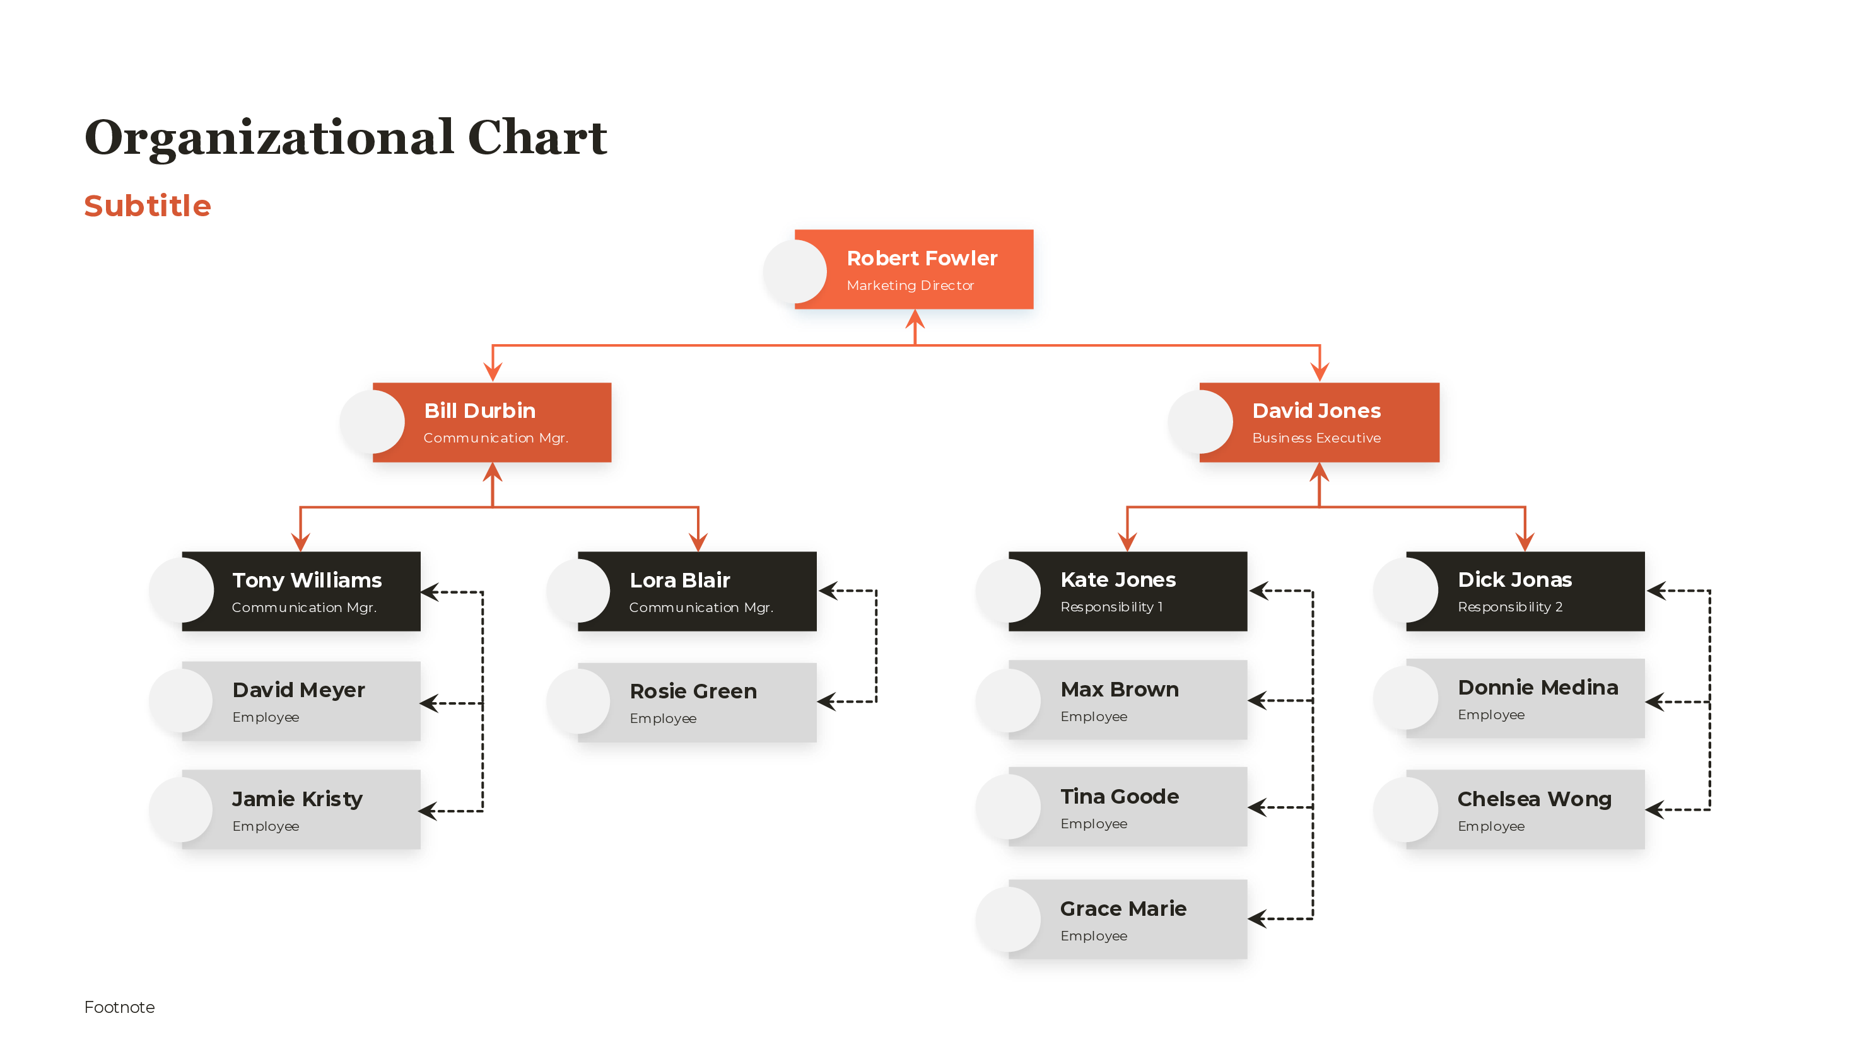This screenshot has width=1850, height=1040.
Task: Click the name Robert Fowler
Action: pos(922,258)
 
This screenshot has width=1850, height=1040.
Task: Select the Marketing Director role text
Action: pos(910,286)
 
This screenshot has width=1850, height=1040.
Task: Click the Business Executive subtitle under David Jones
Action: pos(1316,438)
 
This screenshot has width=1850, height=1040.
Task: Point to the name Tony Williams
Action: pos(307,580)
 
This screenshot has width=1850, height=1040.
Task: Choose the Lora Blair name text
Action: pos(679,580)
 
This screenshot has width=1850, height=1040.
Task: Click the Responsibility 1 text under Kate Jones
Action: pos(1111,607)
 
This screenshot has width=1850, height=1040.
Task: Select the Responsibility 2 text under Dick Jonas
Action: pos(1509,607)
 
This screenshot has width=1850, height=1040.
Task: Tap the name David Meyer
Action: pos(299,690)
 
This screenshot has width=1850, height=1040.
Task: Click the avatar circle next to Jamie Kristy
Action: pos(182,809)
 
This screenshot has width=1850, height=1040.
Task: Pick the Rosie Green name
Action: pos(693,691)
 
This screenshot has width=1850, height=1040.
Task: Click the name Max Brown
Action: pos(1119,689)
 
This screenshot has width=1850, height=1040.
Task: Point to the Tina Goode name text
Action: pos(1119,797)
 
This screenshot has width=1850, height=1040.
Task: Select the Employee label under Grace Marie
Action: pos(1093,936)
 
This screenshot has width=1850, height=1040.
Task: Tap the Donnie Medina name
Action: pos(1538,688)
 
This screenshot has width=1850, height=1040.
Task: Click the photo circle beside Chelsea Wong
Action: pos(1405,809)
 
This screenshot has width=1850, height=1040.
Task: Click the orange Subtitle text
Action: pos(147,206)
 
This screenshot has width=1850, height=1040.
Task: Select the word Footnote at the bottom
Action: pos(119,1007)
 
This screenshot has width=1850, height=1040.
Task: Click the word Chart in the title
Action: pos(537,138)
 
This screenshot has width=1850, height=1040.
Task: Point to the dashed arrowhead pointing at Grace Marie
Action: pos(1258,919)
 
